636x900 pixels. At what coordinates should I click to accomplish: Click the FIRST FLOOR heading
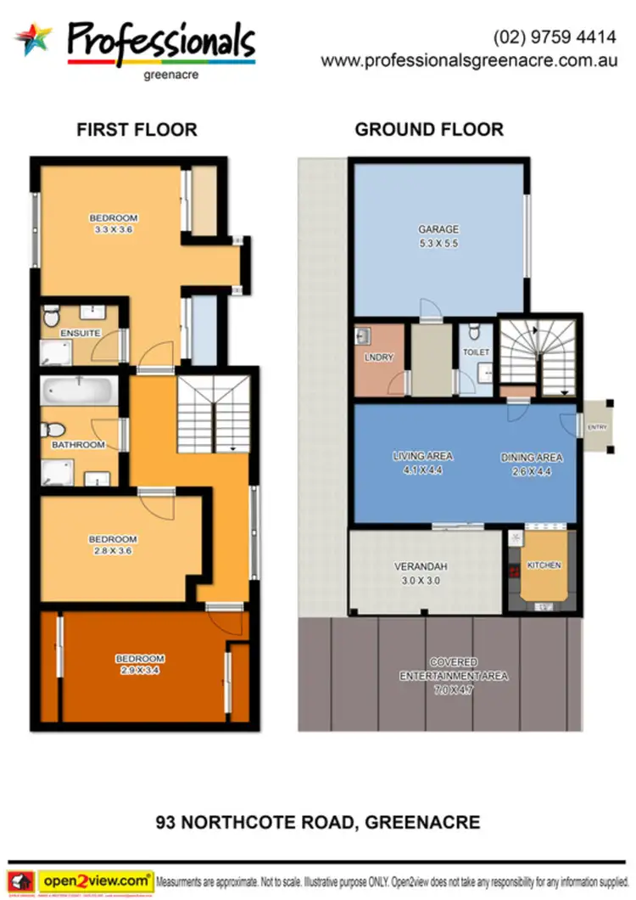point(137,130)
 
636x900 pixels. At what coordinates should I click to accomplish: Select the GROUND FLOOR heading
point(429,130)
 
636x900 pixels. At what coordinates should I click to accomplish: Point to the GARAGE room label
point(438,229)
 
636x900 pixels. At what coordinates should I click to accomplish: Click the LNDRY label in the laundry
point(378,357)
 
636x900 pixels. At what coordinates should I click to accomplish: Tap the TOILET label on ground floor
point(476,352)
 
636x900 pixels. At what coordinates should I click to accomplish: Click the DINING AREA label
point(532,458)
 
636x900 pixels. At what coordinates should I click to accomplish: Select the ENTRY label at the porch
point(597,427)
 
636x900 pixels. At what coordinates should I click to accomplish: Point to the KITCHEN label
point(544,565)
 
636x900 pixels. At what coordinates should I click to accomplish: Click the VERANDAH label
point(416,567)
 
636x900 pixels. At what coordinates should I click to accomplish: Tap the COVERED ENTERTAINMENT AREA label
point(453,669)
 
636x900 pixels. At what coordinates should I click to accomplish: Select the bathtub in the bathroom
point(79,393)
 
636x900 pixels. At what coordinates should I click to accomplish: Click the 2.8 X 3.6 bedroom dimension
point(113,551)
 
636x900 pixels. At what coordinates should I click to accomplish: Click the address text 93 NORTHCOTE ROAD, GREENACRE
point(318,822)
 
